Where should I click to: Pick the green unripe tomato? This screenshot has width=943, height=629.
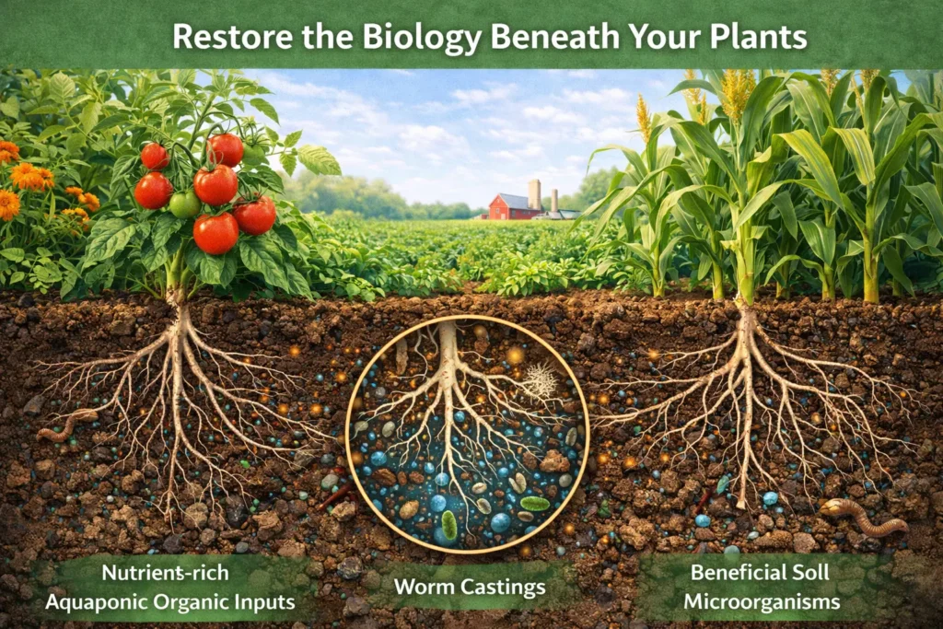pos(184,204)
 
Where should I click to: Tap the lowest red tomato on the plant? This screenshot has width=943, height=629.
pos(215,234)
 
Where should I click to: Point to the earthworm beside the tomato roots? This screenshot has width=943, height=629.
pos(66,425)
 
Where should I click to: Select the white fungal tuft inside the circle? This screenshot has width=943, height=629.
pos(541,380)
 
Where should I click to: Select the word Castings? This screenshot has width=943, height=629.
pos(507,587)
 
